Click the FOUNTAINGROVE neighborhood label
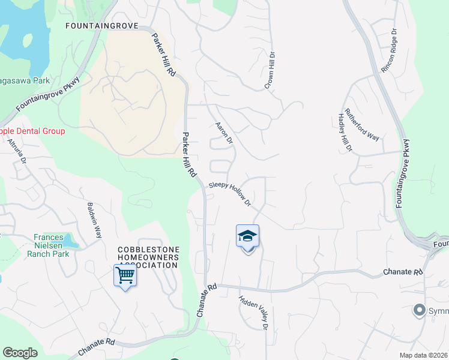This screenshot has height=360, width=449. pos(101,26)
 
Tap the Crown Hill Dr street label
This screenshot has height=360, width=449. pos(271,70)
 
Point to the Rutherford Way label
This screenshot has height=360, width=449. pos(361,125)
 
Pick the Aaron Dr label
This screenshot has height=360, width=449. pos(223,133)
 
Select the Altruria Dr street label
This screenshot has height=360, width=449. pos(17,151)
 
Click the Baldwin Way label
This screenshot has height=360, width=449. pos(94,220)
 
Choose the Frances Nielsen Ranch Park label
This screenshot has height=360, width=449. pos(48,245)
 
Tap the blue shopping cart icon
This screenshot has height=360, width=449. pos(125,276)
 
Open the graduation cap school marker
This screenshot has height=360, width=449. pos(247,237)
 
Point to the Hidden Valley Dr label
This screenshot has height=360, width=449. pos(253,312)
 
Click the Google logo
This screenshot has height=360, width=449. pos(20,353)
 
